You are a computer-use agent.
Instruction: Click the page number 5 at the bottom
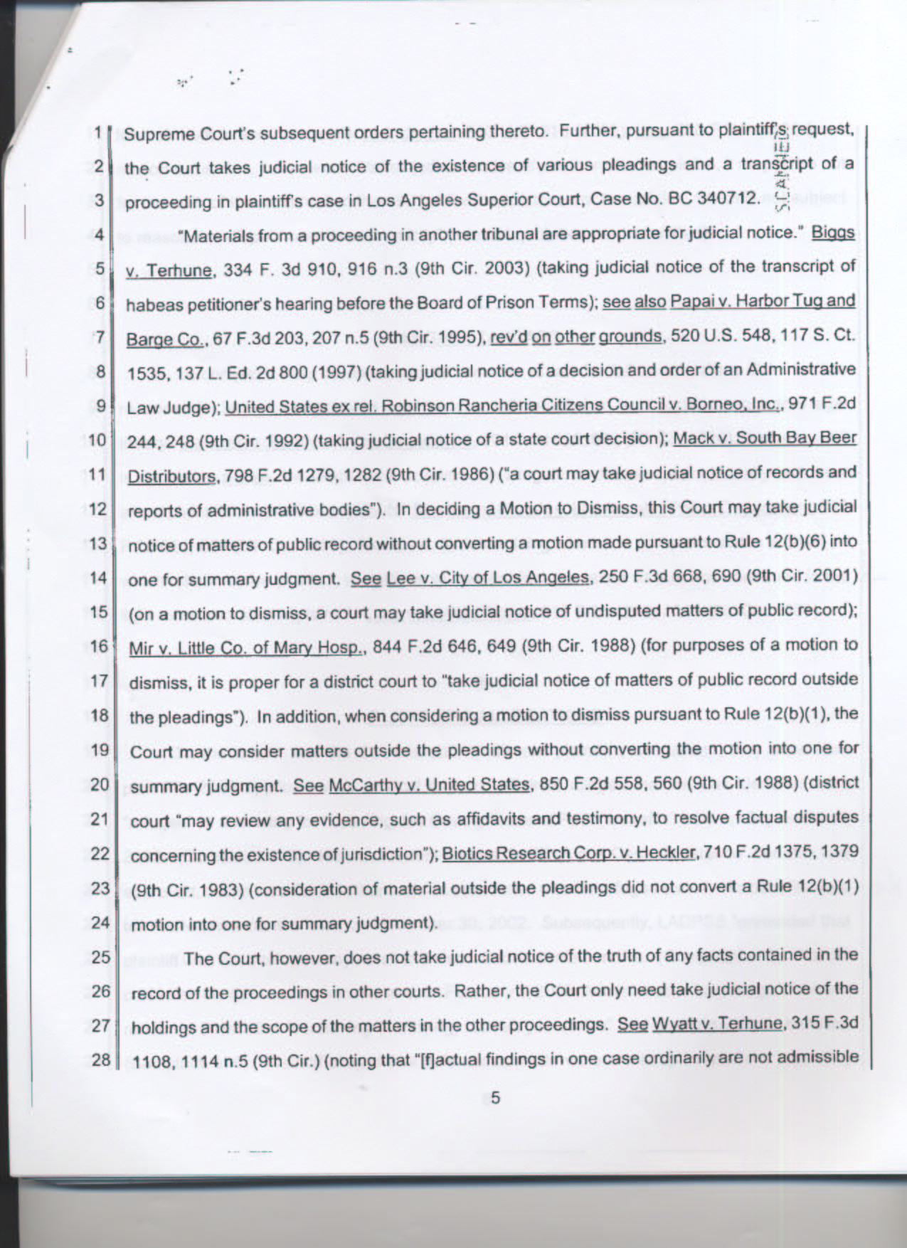[x=495, y=1098]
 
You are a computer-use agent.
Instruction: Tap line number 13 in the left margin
[x=98, y=544]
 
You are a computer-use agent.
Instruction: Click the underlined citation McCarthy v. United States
[x=430, y=785]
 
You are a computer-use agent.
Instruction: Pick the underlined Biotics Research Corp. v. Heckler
[x=568, y=853]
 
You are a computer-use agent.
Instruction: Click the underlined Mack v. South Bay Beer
[x=764, y=437]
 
